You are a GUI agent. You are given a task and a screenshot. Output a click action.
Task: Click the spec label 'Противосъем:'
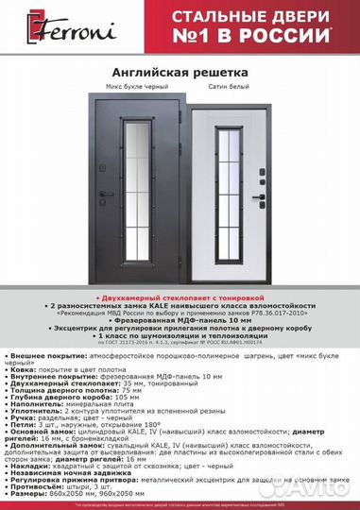tap(43, 486)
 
